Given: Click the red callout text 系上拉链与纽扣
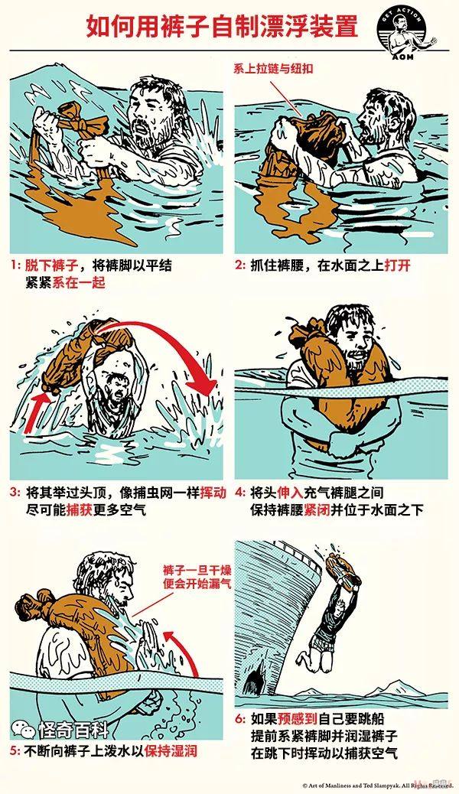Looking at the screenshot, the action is tap(273, 68).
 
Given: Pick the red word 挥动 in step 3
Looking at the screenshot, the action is tap(213, 492).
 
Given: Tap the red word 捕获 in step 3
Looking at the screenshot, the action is tap(80, 509).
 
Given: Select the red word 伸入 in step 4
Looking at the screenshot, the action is tap(290, 492).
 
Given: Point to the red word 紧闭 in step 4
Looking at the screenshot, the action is tap(317, 509).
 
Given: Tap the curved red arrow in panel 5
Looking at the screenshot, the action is tap(187, 653).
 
